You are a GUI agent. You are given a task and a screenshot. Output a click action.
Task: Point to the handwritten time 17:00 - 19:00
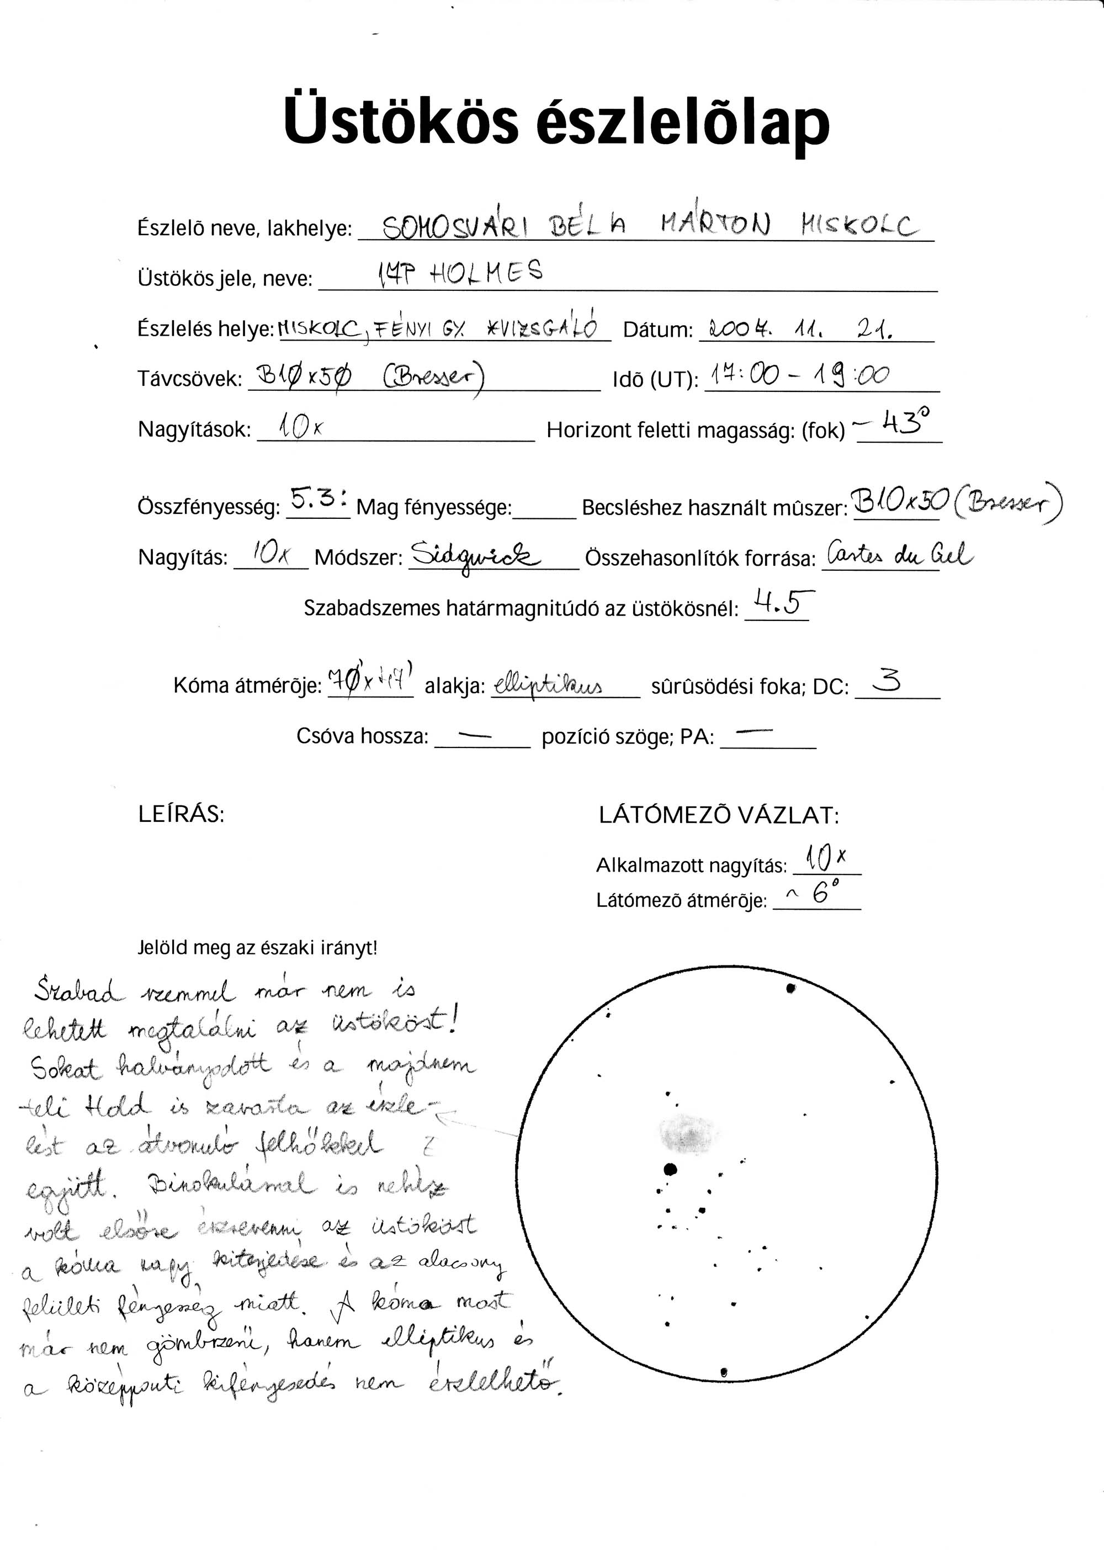tap(799, 375)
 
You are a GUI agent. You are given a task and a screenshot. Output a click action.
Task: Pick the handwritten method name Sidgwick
tap(475, 557)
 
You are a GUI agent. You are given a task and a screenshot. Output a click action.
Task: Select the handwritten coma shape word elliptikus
tap(547, 684)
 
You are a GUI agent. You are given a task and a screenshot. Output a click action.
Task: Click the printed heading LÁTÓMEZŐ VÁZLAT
tap(719, 815)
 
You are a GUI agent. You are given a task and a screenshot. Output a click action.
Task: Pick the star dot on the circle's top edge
tap(790, 989)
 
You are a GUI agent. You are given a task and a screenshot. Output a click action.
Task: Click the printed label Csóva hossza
tap(362, 736)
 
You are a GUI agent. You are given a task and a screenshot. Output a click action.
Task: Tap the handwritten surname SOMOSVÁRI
tap(455, 227)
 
